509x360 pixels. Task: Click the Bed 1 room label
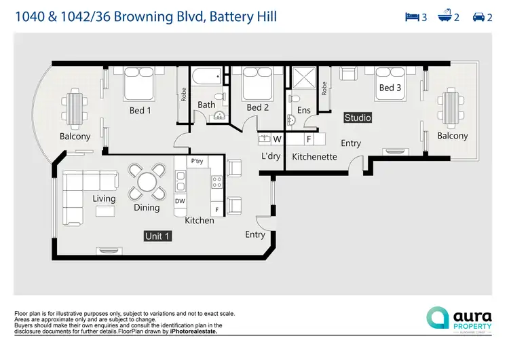(140, 110)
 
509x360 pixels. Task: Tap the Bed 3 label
(390, 88)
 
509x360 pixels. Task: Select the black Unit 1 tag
(157, 236)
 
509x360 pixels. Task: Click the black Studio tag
(358, 118)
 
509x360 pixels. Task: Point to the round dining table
(147, 182)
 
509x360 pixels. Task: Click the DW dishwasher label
(180, 201)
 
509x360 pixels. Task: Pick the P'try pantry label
(197, 161)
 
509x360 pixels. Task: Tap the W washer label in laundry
(277, 139)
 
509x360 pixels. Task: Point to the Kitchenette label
(315, 156)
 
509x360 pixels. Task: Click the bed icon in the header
(411, 17)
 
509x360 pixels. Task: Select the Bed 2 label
(258, 107)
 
